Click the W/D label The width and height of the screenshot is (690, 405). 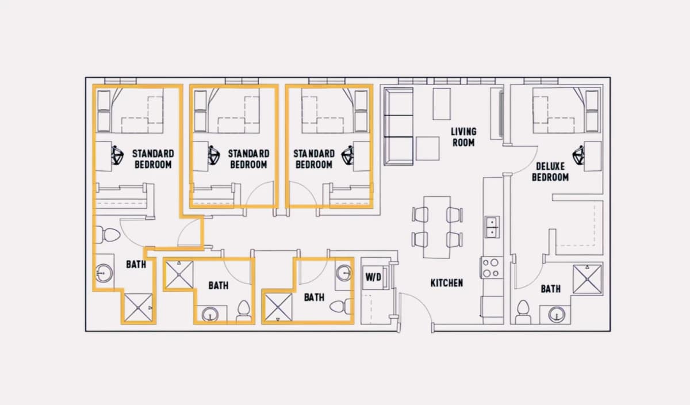(x=373, y=277)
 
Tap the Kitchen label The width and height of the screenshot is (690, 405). (x=447, y=283)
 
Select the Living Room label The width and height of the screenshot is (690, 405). (x=463, y=137)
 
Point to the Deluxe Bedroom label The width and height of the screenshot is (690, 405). (x=550, y=171)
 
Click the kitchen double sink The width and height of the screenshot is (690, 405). (x=492, y=227)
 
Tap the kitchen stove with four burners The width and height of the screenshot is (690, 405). (x=491, y=268)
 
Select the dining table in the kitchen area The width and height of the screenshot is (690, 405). (x=437, y=227)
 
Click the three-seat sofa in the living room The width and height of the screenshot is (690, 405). (x=398, y=127)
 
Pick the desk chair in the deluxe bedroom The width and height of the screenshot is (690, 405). (x=578, y=155)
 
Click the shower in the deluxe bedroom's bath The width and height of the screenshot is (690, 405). (x=587, y=279)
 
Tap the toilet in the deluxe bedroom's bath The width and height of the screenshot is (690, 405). (x=523, y=312)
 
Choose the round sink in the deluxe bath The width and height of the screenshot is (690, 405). (x=557, y=315)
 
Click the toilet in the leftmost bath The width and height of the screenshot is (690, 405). (x=108, y=235)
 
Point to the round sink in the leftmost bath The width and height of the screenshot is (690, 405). (x=104, y=273)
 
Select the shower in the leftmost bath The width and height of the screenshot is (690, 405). (x=139, y=308)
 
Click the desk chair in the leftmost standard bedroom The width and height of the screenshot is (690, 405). (x=117, y=155)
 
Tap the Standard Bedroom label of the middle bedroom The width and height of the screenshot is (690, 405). (x=248, y=159)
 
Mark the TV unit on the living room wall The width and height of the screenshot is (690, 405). (x=497, y=114)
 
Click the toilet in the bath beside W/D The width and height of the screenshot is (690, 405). (x=342, y=306)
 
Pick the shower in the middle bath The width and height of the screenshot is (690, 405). (x=179, y=274)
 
